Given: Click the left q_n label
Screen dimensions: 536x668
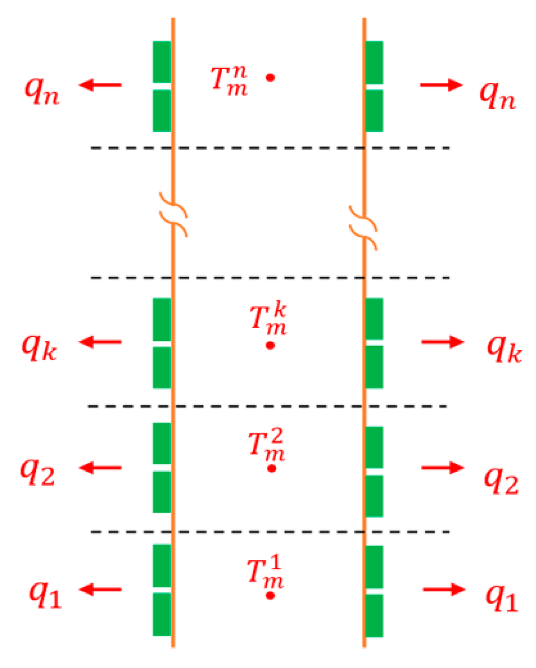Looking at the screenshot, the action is coord(42,90).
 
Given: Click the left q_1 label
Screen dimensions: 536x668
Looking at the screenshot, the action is coord(46,595).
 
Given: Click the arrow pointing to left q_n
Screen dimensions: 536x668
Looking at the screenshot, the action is coord(100,85).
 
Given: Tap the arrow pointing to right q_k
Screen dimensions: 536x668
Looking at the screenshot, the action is coord(442,342).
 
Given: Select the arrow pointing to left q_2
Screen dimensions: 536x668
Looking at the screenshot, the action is coord(100,468).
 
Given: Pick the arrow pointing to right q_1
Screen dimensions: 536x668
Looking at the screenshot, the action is coord(444,589).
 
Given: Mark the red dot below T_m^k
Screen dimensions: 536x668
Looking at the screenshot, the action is coord(270,346).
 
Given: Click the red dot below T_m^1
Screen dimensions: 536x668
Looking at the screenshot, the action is coord(270,596).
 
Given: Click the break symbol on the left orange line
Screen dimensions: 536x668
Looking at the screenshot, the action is coord(173,214).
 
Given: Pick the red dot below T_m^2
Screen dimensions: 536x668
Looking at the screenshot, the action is coord(271,468).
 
